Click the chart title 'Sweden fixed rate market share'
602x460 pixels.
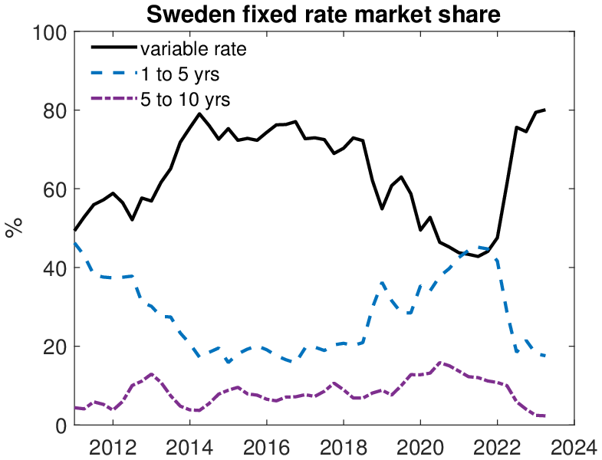pos(324,14)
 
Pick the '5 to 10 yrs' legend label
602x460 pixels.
pos(186,99)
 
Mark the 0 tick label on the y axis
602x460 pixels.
pos(61,426)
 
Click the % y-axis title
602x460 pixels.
pos(14,228)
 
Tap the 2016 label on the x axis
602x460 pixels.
pos(266,446)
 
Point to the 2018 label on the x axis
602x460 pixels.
pos(343,446)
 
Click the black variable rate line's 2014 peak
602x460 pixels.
pos(199,113)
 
